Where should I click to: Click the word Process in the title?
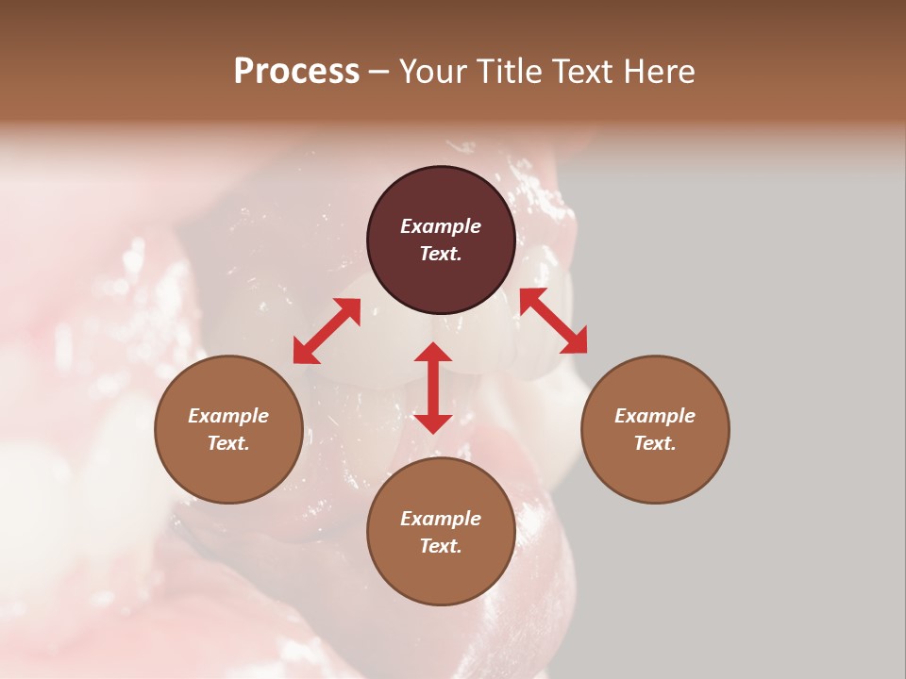pos(296,72)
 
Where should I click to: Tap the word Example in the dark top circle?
pos(441,226)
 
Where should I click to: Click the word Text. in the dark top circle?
pos(441,254)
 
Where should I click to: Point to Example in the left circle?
pos(228,416)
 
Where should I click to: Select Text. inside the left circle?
pos(228,443)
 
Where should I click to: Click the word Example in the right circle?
pos(655,416)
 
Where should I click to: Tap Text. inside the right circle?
pos(655,443)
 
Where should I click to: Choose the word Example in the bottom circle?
pos(441,519)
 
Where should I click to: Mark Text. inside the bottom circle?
pos(441,546)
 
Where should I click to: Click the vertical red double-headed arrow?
pos(433,388)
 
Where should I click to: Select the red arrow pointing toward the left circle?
pos(327,331)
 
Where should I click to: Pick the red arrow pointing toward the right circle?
pos(553,321)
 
